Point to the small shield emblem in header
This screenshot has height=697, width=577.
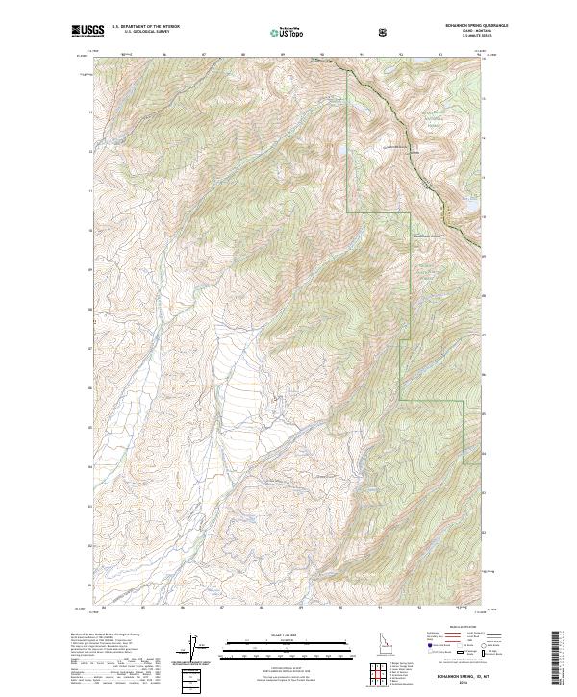pos(385,32)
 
